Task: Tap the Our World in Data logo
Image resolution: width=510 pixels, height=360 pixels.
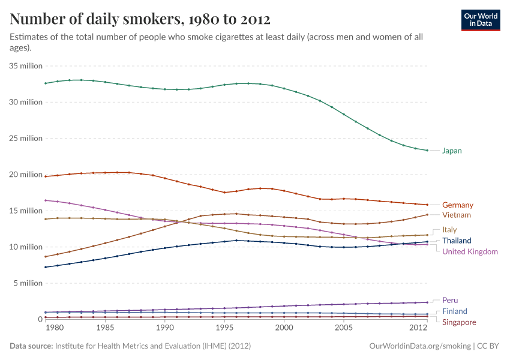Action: [x=481, y=20]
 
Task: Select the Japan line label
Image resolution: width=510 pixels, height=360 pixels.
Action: [x=452, y=151]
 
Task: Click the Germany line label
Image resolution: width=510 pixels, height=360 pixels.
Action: [x=457, y=205]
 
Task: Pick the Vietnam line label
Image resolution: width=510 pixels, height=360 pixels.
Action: [x=456, y=215]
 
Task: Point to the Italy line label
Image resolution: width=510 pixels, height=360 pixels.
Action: [x=449, y=230]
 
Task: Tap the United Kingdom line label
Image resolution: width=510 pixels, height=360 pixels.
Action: [x=470, y=252]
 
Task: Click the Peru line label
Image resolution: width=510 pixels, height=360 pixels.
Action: [x=450, y=300]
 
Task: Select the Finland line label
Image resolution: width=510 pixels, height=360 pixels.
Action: [x=454, y=311]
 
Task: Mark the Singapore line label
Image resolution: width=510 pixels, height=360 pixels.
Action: [x=459, y=322]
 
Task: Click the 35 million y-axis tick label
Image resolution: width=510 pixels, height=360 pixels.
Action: [x=26, y=66]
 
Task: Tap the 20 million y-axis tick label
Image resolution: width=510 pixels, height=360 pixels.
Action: [x=26, y=175]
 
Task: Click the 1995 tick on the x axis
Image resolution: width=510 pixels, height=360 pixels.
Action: [x=224, y=328]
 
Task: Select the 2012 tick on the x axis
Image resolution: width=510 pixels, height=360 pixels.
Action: [x=418, y=328]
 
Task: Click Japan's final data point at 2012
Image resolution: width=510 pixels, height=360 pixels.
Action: [x=427, y=150]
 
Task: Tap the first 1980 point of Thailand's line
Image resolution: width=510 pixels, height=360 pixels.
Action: [x=46, y=267]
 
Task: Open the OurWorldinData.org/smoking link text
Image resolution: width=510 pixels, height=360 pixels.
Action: [x=418, y=346]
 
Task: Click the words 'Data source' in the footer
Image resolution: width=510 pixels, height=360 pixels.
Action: [x=31, y=346]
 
